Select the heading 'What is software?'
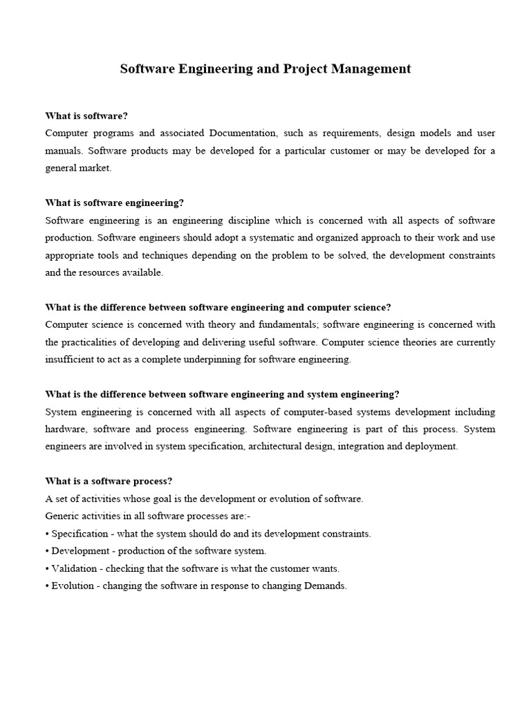point(86,115)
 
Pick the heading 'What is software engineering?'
point(115,203)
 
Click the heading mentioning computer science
point(218,307)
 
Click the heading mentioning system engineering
point(222,394)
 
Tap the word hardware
point(64,429)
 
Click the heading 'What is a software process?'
point(109,481)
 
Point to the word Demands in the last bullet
point(324,586)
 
